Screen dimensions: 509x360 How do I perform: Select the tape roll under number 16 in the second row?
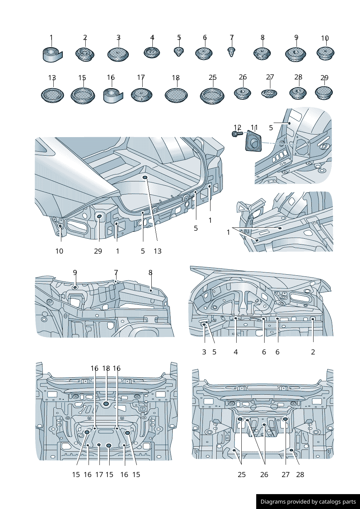(x=113, y=95)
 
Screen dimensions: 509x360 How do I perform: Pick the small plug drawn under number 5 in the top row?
(x=179, y=51)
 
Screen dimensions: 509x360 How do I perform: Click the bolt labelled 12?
(x=237, y=134)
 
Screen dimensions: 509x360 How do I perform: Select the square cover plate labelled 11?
(x=254, y=143)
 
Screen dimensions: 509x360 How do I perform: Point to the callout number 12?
(x=237, y=127)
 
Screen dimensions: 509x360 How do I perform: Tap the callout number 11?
(x=254, y=127)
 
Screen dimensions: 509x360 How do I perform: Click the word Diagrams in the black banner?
(x=273, y=502)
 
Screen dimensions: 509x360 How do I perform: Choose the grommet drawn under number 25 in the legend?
(x=212, y=95)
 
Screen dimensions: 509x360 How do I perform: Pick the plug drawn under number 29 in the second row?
(x=324, y=93)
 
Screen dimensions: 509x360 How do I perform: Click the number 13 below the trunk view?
(x=157, y=251)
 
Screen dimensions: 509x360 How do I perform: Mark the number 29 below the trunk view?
(x=98, y=251)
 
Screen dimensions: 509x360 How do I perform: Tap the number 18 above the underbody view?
(x=106, y=368)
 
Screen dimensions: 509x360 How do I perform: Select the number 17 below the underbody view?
(x=99, y=475)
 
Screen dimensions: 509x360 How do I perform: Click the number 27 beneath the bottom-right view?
(x=286, y=475)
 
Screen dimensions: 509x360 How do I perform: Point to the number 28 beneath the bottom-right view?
(x=300, y=475)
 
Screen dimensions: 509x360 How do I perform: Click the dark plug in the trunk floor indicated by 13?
(x=145, y=177)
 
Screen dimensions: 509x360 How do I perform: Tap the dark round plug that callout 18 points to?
(x=106, y=403)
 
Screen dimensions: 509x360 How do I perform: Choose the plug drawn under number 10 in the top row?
(x=325, y=53)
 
